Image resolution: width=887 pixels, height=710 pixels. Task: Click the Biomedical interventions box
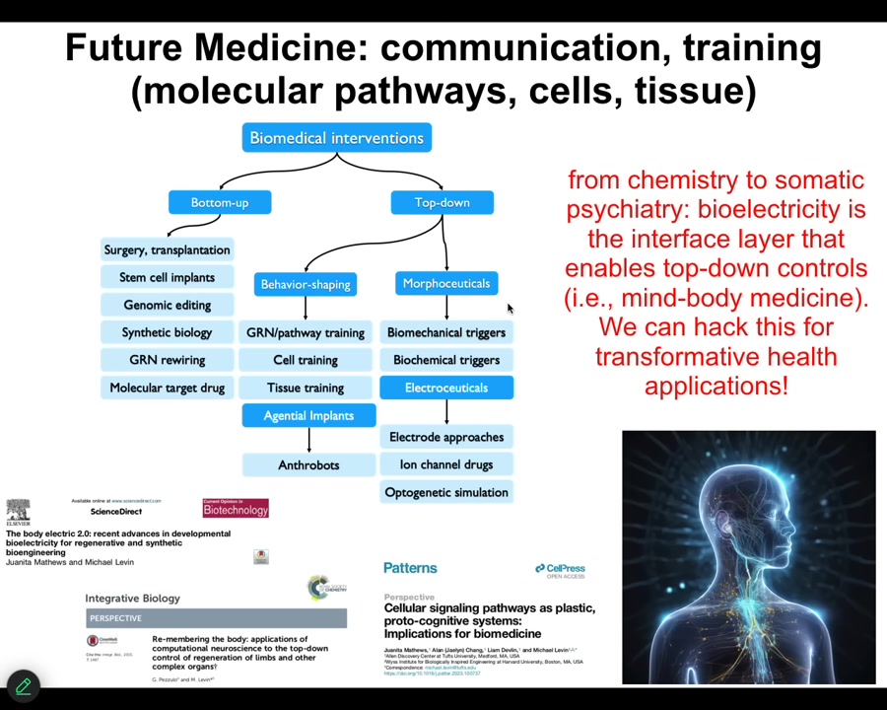(x=336, y=138)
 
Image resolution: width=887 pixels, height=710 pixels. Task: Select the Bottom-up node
(x=219, y=202)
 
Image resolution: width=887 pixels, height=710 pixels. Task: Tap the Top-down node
(x=442, y=202)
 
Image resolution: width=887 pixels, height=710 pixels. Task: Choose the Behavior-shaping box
(x=305, y=284)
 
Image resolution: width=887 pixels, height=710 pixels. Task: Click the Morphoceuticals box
(x=445, y=283)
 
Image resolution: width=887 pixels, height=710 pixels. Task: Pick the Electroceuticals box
(x=445, y=388)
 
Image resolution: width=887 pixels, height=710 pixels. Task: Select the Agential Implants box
(x=307, y=415)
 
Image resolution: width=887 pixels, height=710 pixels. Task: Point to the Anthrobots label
(x=307, y=464)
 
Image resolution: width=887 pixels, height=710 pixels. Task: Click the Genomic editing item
(x=167, y=305)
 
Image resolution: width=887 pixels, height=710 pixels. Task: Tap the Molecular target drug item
(x=167, y=388)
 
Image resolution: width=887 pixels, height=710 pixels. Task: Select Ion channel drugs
(x=445, y=464)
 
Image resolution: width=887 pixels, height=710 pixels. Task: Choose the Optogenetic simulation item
(x=445, y=492)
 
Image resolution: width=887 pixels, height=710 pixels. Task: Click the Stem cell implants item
(x=167, y=277)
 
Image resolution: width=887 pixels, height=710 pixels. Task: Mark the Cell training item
(x=305, y=360)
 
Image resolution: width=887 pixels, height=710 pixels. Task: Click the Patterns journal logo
(x=410, y=568)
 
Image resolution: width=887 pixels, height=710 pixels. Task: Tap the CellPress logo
(x=560, y=569)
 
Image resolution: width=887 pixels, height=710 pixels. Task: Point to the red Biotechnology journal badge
(x=236, y=509)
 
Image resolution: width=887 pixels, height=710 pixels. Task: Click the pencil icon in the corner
(x=23, y=685)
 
